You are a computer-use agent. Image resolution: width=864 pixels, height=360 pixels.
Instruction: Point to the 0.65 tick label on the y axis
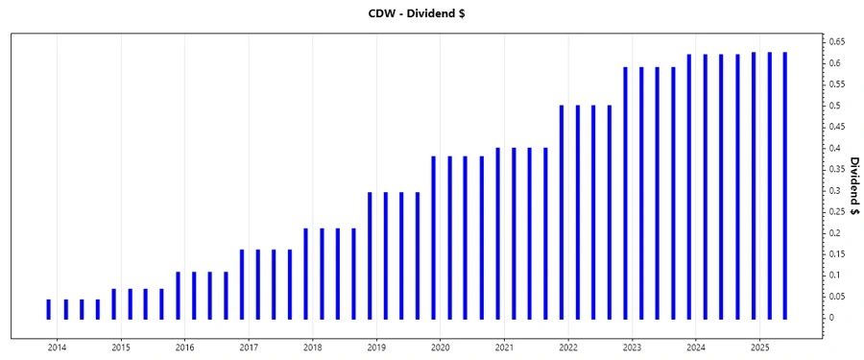point(838,42)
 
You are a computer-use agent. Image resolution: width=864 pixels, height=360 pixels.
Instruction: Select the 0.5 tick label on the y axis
point(835,106)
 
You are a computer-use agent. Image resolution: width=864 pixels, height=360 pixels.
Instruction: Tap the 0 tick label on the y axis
point(832,318)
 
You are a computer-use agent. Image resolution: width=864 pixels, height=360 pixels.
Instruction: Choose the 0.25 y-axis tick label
point(838,211)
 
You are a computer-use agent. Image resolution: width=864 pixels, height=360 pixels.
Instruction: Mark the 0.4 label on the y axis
point(835,148)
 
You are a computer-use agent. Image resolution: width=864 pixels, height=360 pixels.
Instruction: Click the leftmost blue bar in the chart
point(49,308)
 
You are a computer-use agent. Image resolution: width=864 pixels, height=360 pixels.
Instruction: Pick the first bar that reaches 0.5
point(562,211)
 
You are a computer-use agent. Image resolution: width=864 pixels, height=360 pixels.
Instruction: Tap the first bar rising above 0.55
point(625,192)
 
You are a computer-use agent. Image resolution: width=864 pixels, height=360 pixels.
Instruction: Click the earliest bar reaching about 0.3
point(370,254)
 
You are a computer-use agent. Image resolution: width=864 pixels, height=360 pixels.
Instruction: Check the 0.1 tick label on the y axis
point(835,276)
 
